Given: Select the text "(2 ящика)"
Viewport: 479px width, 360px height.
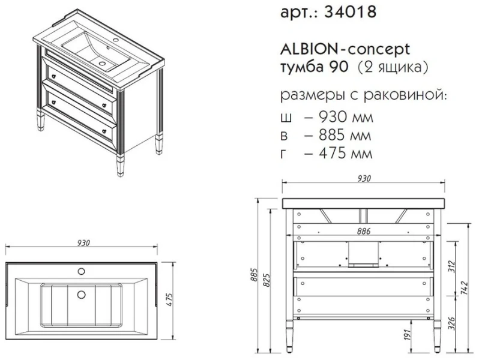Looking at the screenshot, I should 393,67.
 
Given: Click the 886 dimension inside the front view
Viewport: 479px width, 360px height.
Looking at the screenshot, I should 363,231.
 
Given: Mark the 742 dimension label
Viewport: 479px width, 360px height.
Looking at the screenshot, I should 465,287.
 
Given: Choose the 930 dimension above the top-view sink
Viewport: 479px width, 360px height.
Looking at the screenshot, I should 83,243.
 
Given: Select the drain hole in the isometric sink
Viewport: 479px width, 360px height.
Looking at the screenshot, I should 103,62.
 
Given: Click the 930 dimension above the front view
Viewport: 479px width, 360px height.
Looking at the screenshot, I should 364,178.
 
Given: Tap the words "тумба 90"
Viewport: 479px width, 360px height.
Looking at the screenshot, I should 305,67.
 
